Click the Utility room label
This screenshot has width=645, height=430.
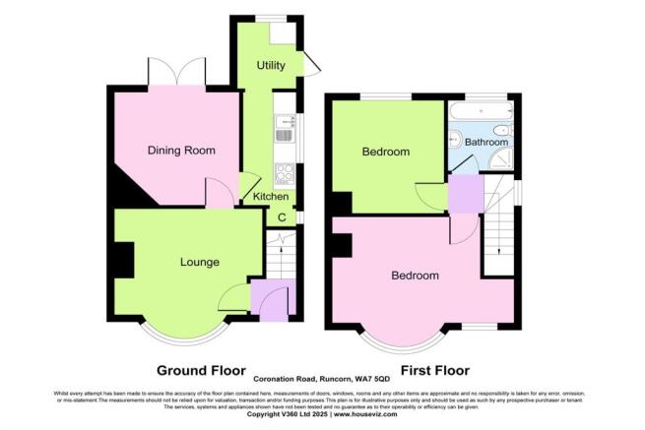271,66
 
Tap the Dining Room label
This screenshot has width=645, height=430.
181,151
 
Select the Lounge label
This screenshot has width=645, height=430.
199,262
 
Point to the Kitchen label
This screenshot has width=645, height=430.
272,197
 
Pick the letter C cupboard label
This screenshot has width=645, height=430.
283,216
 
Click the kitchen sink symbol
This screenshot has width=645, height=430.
284,132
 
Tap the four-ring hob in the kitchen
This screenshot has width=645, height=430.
284,173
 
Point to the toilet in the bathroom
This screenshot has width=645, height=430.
501,129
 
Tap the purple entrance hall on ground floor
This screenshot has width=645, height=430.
273,298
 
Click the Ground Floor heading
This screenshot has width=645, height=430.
200,371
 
